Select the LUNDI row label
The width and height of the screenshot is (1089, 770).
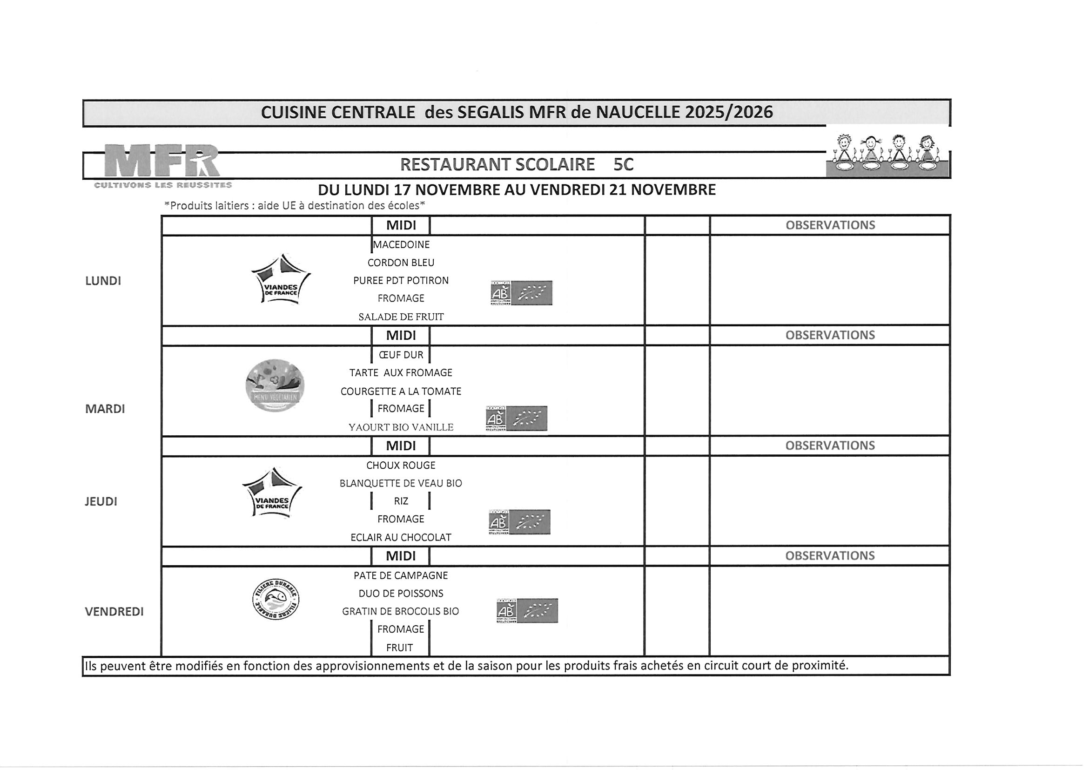(x=103, y=281)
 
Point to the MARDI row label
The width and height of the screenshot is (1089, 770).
(x=105, y=409)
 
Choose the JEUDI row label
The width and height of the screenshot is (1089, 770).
(x=101, y=501)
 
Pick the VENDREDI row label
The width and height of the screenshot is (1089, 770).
(x=114, y=612)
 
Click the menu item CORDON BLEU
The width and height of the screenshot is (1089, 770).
(x=401, y=263)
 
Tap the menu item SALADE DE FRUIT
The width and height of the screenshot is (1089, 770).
(x=401, y=317)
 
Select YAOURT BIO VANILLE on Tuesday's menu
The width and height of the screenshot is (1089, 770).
(x=401, y=427)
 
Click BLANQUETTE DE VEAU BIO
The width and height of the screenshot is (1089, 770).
(x=401, y=483)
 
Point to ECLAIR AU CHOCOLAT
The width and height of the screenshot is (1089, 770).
(x=401, y=538)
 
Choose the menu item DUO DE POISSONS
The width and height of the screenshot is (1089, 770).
(x=401, y=593)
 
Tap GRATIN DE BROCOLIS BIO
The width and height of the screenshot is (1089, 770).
(x=401, y=611)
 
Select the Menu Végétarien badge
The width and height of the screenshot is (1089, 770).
(x=275, y=385)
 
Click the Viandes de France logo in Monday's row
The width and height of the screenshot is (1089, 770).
(x=281, y=279)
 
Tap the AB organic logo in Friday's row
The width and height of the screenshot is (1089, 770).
(x=527, y=611)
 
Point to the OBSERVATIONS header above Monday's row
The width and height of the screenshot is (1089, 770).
(x=830, y=225)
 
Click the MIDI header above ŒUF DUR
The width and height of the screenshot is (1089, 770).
(x=401, y=336)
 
